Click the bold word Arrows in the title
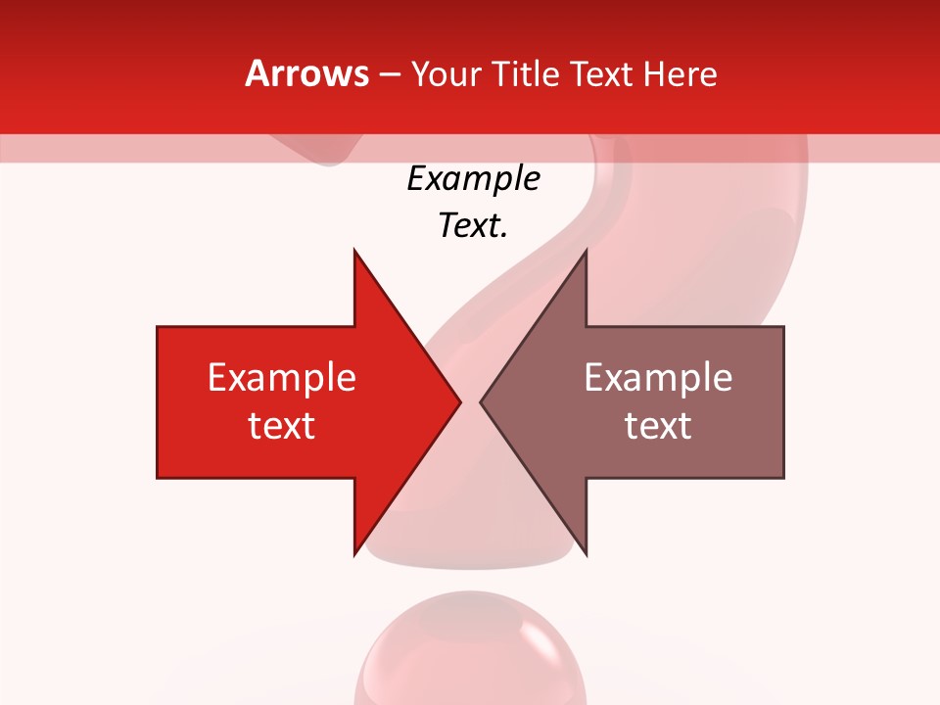(x=307, y=73)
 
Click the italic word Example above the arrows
(x=473, y=179)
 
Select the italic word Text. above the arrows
(x=473, y=226)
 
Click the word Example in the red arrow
(x=282, y=377)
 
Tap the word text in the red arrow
(x=282, y=426)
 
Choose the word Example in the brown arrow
(x=658, y=377)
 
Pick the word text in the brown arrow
(x=658, y=426)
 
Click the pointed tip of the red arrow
(x=460, y=401)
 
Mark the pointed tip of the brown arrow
(x=481, y=401)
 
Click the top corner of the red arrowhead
(x=354, y=251)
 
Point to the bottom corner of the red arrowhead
(x=354, y=553)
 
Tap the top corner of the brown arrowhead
(x=586, y=251)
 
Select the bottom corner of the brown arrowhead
(x=586, y=553)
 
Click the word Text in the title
(x=599, y=73)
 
